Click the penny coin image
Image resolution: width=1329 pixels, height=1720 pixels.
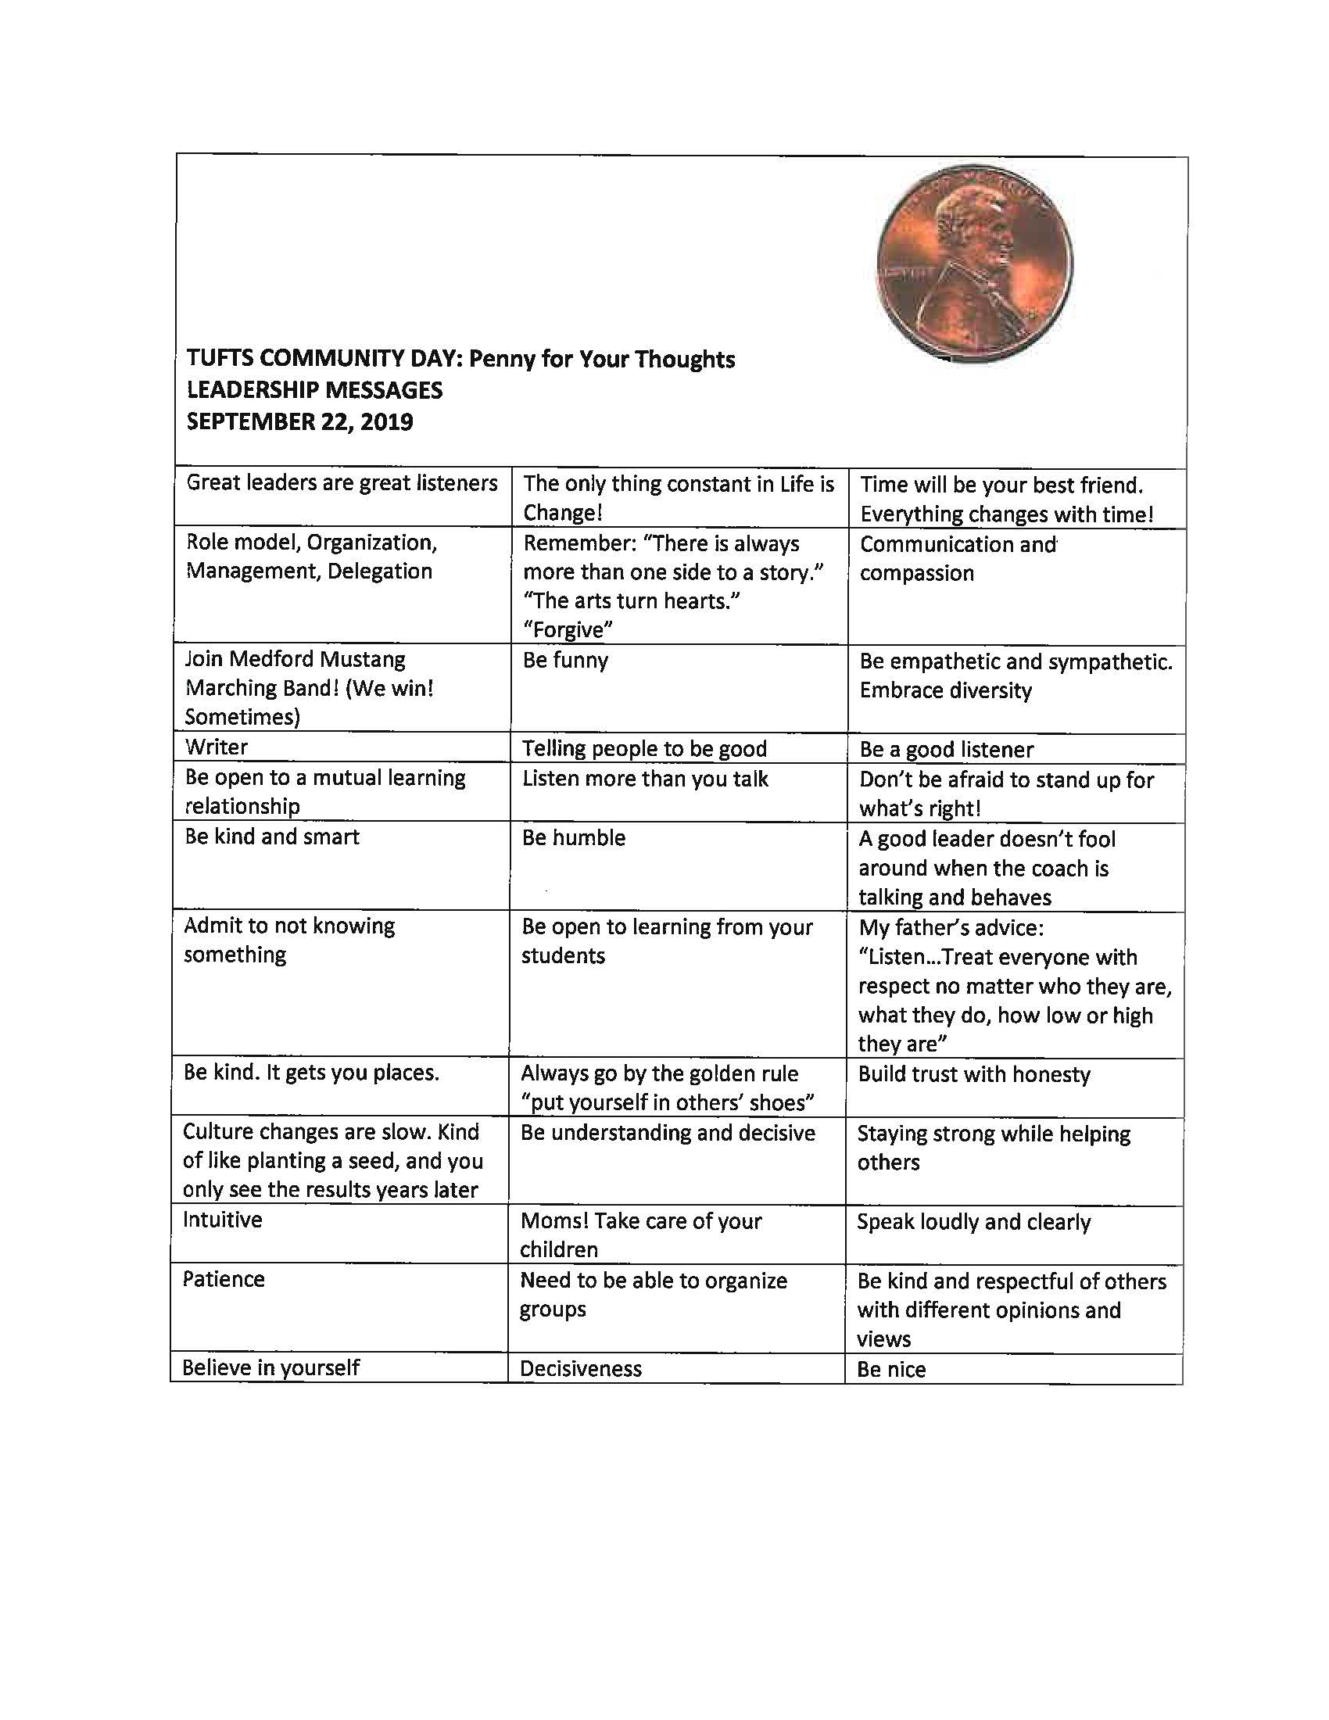[x=975, y=263]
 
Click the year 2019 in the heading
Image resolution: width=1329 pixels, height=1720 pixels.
[x=386, y=422]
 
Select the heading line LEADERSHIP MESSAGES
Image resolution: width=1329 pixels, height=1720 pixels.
[x=314, y=391]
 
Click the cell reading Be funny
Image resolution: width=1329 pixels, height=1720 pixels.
[x=565, y=660]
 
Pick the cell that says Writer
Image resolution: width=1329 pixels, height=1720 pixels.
[x=217, y=747]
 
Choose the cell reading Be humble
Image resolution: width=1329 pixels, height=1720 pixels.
[x=573, y=838]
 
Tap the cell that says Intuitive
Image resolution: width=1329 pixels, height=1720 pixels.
[x=223, y=1220]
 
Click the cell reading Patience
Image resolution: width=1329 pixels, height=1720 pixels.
[x=224, y=1279]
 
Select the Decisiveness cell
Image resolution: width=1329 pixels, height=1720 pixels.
[x=581, y=1369]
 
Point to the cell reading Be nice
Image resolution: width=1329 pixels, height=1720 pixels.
[x=891, y=1370]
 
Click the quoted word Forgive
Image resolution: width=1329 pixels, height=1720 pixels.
[x=568, y=630]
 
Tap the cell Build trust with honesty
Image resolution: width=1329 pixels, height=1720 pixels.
[x=974, y=1075]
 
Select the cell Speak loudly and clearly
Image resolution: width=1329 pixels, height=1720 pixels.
[x=974, y=1222]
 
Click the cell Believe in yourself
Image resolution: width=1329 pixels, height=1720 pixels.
[x=270, y=1368]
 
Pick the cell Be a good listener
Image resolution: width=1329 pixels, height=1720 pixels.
[x=947, y=750]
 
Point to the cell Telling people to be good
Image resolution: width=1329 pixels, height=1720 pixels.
[x=644, y=748]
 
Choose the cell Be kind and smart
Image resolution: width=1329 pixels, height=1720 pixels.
[x=271, y=837]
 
